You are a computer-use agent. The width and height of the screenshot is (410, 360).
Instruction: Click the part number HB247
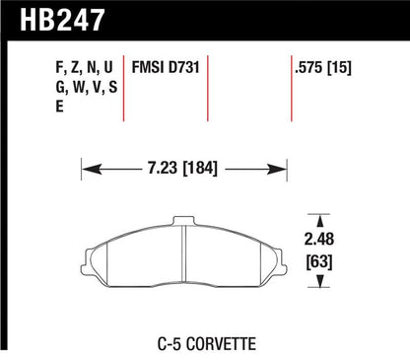[54, 19]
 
